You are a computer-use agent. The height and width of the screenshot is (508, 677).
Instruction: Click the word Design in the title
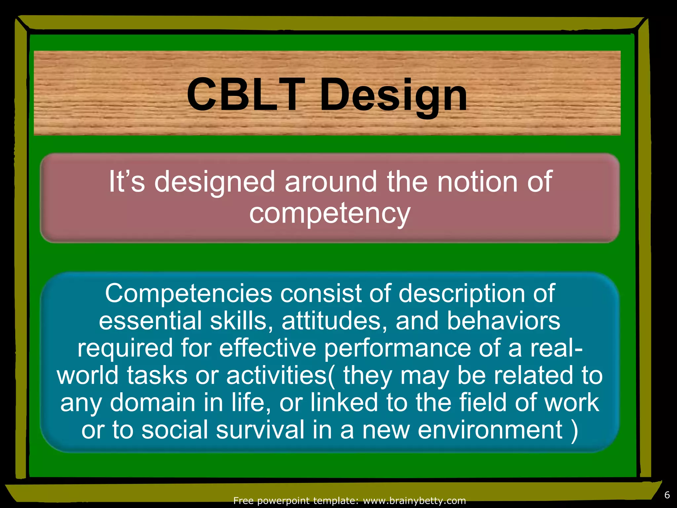(393, 96)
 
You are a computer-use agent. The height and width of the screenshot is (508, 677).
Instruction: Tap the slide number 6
(667, 495)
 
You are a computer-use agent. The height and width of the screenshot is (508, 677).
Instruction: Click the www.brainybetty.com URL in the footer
(414, 501)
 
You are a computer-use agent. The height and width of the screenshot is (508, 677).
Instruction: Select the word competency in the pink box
(330, 213)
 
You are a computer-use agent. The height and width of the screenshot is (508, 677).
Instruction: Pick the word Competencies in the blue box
(188, 293)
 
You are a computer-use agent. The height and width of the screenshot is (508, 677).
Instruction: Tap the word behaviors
(503, 321)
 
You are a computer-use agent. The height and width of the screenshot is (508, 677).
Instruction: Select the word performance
(397, 348)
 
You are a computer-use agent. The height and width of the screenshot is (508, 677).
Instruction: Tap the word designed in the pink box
(215, 182)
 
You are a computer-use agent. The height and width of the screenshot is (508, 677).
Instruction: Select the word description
(461, 293)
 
